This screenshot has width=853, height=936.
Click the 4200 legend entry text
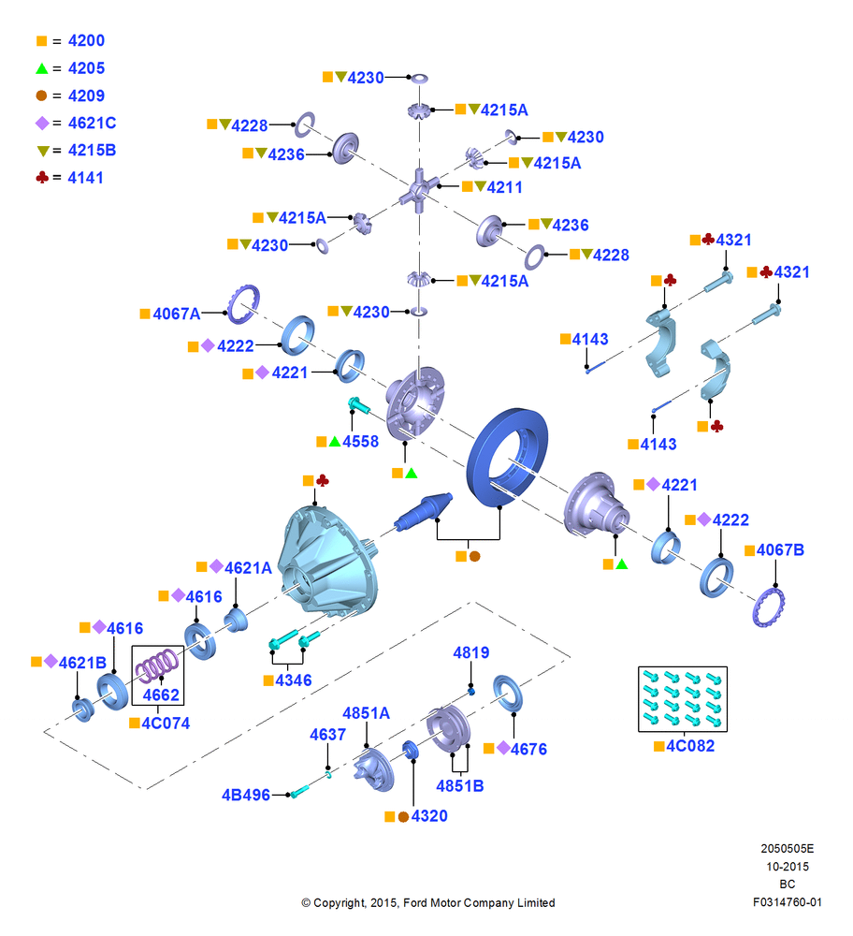coord(86,40)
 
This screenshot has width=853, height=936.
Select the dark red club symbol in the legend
coord(42,177)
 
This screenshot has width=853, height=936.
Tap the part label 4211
coord(505,187)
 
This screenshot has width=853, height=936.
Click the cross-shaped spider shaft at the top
coord(419,190)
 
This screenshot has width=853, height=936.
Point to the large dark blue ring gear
coord(507,458)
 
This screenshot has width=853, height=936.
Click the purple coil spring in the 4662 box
coord(157,665)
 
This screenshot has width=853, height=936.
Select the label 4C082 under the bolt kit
coord(690,746)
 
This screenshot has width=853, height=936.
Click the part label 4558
coord(360,442)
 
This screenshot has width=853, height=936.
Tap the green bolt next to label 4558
coord(358,405)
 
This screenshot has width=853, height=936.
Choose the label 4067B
coord(780,549)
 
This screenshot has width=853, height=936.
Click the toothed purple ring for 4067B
coord(769,607)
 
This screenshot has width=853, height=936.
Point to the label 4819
coord(471,653)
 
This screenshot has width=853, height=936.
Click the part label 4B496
coord(246,795)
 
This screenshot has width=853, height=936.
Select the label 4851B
coord(460,786)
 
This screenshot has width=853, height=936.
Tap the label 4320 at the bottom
coord(429,816)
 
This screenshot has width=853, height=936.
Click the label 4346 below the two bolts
coord(294,680)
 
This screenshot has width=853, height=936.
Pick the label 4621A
coord(248,568)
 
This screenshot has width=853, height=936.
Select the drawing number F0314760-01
coord(787,902)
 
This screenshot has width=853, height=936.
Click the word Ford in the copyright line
coord(416,903)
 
